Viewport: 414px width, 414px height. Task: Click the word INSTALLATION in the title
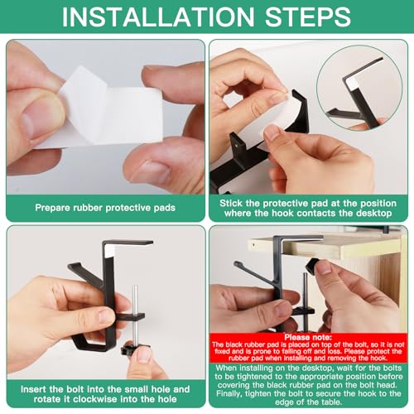point(158,17)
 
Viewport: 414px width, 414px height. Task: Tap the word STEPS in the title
point(308,17)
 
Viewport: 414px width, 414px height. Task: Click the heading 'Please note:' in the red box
point(308,337)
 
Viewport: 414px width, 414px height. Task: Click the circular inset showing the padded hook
point(359,88)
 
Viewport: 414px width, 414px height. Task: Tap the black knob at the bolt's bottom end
point(132,350)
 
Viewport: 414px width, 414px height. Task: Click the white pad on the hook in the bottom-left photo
point(109,251)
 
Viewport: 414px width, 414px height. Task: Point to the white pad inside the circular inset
point(354,84)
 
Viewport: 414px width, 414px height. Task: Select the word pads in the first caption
point(165,208)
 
